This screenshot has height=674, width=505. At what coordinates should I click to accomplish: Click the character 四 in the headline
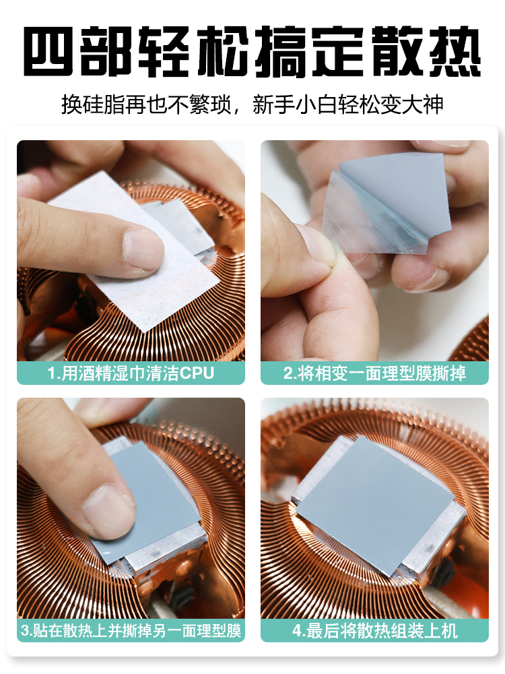(x=48, y=51)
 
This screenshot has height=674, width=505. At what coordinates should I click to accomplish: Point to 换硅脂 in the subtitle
(x=93, y=105)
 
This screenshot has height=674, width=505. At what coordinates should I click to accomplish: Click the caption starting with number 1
(x=131, y=373)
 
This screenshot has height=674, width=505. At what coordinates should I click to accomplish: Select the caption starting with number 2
(x=374, y=373)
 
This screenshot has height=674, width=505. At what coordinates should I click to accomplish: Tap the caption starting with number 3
(x=131, y=631)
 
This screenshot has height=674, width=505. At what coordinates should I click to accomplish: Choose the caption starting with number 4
(x=375, y=631)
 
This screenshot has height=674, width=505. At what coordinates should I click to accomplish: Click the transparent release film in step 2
(x=365, y=219)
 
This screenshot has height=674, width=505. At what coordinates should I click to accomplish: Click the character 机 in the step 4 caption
(x=449, y=631)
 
